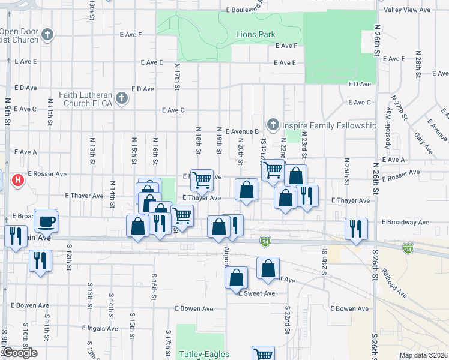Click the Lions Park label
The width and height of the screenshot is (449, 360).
(x=255, y=35)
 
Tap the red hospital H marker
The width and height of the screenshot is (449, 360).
(x=19, y=179)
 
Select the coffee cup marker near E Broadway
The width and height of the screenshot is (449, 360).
(x=46, y=221)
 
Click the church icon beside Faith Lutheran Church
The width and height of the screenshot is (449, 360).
(x=122, y=98)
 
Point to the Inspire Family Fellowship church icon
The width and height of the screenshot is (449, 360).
(x=273, y=125)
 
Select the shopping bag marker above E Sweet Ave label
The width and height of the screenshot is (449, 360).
(x=237, y=277)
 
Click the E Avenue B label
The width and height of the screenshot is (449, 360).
(x=238, y=131)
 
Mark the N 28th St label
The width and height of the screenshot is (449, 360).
(x=417, y=67)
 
